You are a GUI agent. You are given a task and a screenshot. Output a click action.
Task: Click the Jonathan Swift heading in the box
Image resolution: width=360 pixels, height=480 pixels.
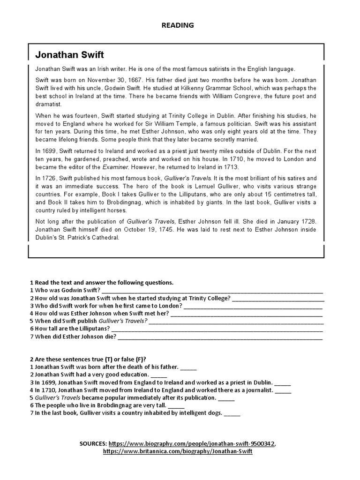click(x=69, y=55)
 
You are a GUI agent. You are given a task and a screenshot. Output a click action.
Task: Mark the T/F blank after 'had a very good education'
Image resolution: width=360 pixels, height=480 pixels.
click(x=159, y=375)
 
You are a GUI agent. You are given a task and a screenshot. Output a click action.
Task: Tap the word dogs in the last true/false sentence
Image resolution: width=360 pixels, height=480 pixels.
click(x=215, y=413)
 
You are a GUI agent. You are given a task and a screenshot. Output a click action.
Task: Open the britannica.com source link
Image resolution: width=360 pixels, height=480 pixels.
click(x=178, y=451)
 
